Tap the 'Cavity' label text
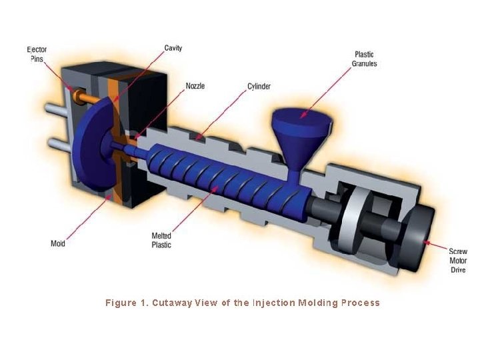coord(173,48)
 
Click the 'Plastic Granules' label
coord(363,59)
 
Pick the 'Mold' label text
coord(58,243)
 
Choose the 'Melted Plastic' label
coord(162,240)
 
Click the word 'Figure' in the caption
coord(120,303)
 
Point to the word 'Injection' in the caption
coord(273,303)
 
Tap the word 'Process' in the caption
coord(360,303)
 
